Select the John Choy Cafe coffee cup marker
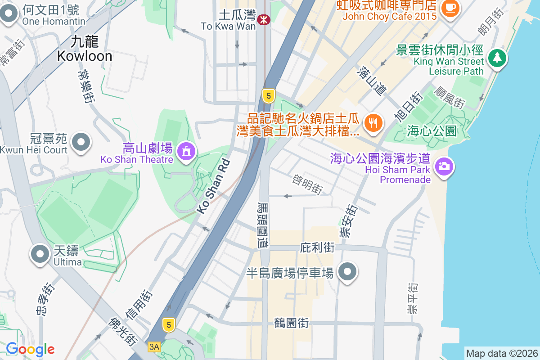[450, 7]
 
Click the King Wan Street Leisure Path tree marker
[497, 58]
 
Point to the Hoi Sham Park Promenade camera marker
[444, 166]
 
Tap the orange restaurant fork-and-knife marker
[373, 122]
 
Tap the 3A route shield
[154, 346]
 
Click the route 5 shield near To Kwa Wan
[269, 95]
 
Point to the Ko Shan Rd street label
[213, 186]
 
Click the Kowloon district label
[85, 49]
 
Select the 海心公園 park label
[432, 131]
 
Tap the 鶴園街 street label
[291, 323]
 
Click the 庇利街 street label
[317, 247]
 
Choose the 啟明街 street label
[307, 184]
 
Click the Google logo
[30, 349]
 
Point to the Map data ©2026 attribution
[502, 353]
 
